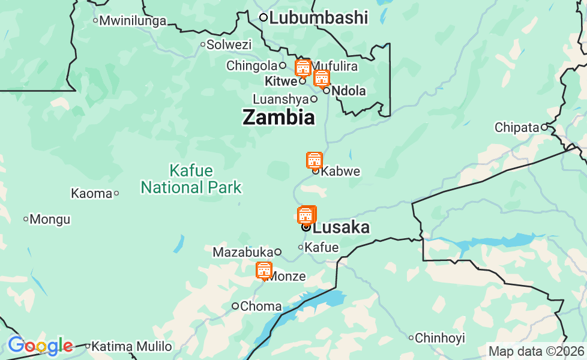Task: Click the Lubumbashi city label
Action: (x=318, y=17)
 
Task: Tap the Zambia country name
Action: (x=278, y=117)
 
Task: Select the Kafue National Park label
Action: (x=191, y=179)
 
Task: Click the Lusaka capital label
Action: (x=341, y=227)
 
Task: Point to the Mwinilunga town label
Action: (x=133, y=21)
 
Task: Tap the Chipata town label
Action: (x=517, y=127)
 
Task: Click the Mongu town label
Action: (x=50, y=220)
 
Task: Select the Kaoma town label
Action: (x=91, y=193)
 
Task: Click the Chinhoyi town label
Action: (x=440, y=338)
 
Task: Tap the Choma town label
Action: (x=260, y=307)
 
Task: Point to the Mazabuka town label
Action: (x=243, y=253)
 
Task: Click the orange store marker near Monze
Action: (x=264, y=271)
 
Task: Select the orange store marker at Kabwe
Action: (x=315, y=160)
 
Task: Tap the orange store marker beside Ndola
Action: (x=322, y=78)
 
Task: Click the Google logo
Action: (x=40, y=346)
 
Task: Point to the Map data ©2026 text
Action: (x=536, y=351)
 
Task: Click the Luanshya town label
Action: (x=280, y=99)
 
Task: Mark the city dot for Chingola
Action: (x=283, y=65)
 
